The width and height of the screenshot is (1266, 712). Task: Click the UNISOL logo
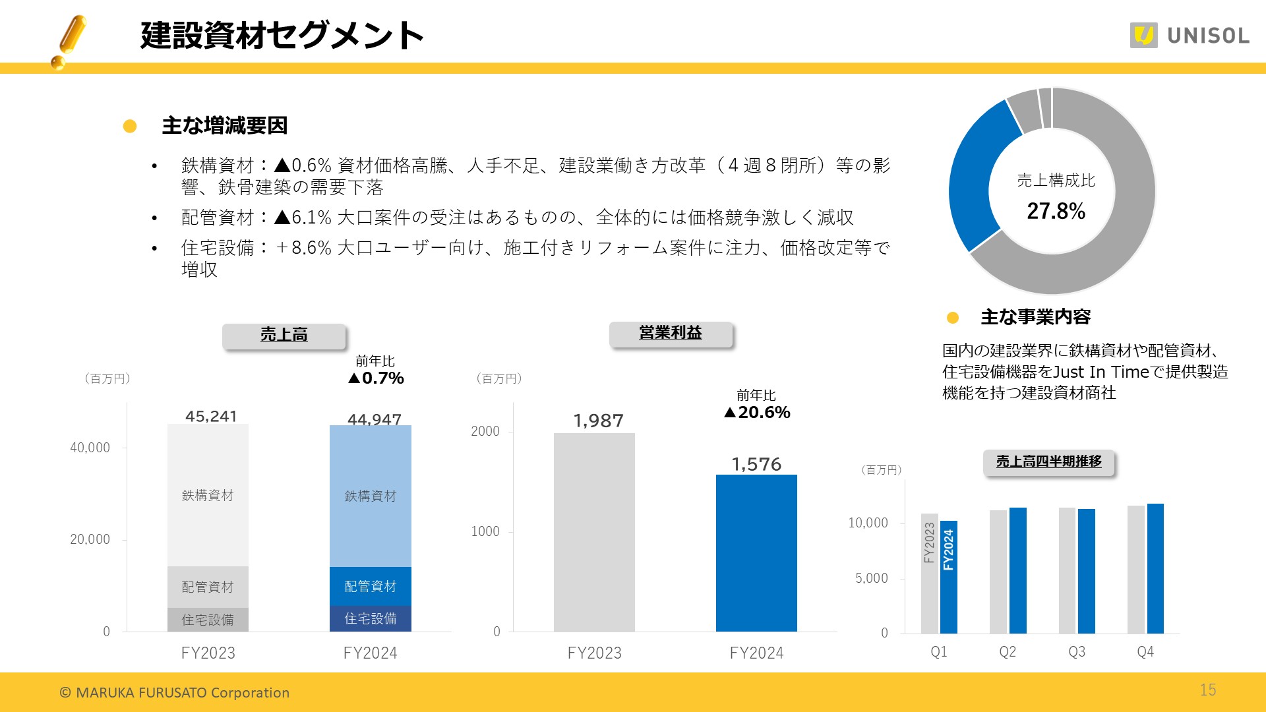point(1189,36)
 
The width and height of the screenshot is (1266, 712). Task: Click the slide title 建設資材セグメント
point(282,36)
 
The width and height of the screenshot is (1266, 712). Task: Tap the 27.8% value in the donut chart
point(1056,211)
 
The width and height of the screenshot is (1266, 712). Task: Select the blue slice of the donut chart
point(980,178)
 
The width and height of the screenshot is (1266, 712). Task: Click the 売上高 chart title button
point(284,336)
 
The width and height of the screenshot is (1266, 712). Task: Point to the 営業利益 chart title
point(671,334)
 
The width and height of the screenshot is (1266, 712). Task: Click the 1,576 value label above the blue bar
point(756,464)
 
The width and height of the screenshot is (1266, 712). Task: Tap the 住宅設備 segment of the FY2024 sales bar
point(370,618)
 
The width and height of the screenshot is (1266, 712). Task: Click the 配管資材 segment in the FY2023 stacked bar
point(208,587)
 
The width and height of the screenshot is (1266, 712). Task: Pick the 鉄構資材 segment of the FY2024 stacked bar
point(370,496)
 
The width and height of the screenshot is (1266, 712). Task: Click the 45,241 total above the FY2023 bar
point(211,416)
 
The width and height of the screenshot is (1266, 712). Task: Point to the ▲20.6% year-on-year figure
point(757,413)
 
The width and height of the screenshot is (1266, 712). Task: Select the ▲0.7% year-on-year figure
point(376,378)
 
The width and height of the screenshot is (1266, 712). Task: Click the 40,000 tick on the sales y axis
point(90,448)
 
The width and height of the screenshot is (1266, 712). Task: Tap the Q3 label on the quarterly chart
point(1077,652)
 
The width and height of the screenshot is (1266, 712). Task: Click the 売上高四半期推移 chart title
point(1048,461)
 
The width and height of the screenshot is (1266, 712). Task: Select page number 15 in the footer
point(1208,690)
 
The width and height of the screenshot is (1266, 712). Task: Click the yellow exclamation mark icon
point(70,41)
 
